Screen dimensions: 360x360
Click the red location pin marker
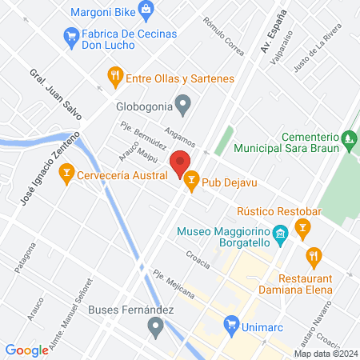point(181,163)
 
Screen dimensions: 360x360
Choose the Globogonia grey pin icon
point(183,104)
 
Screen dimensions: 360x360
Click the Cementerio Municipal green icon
point(348,140)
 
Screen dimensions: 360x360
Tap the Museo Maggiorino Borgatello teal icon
point(280,233)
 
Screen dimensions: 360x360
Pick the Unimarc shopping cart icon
point(231,325)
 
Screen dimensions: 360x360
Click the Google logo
point(26,350)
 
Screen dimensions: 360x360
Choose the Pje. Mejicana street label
point(170,283)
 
